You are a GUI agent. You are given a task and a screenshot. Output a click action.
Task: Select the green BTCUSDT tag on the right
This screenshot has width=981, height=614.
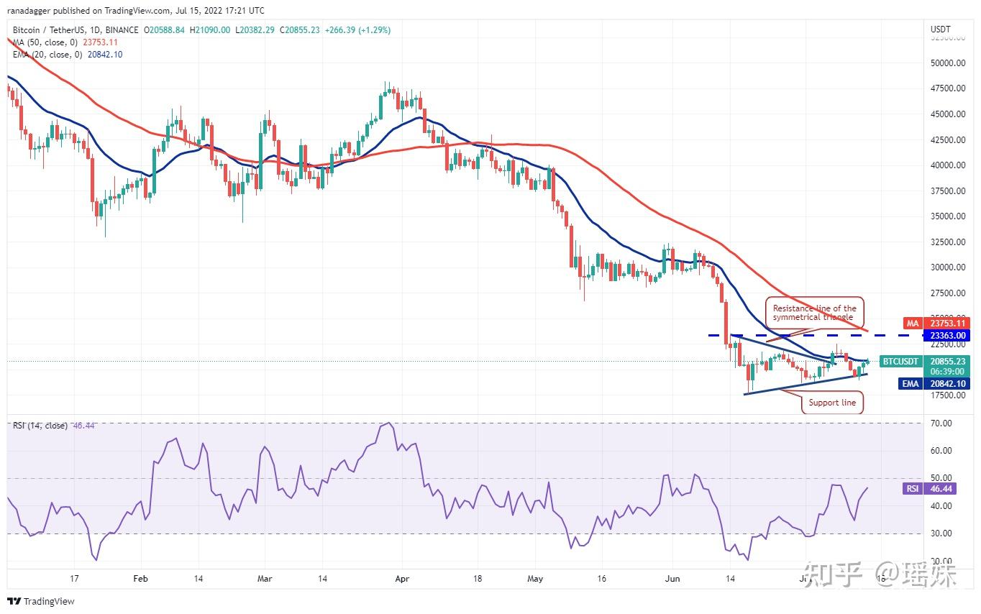pos(900,361)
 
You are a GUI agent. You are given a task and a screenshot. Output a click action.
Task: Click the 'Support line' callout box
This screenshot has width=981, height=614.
pos(832,403)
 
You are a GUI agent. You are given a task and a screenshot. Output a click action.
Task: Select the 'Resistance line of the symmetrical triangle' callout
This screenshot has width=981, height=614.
pos(814,313)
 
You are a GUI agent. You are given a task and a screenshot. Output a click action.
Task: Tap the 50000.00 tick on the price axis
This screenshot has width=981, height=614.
pos(946,63)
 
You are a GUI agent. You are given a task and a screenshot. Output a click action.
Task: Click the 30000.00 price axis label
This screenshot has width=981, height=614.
pos(946,267)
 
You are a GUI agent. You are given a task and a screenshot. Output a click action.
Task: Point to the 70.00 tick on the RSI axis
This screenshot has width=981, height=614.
pos(941,423)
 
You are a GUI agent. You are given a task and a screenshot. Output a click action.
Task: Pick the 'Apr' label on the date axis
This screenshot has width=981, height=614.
pos(403,578)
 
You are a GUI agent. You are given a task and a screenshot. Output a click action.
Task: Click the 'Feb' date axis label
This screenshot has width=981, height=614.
pos(140,578)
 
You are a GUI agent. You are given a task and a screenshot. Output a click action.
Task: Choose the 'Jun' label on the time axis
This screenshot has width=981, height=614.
pos(672,578)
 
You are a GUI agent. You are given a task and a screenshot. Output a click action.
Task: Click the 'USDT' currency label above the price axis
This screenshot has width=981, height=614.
pos(941,29)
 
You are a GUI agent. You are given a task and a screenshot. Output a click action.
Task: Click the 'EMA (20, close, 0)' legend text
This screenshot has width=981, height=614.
pos(47,55)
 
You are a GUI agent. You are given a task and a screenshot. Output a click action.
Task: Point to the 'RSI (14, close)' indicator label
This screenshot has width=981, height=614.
pos(40,426)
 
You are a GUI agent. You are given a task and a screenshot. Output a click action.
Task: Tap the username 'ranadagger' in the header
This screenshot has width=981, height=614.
pos(29,11)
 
